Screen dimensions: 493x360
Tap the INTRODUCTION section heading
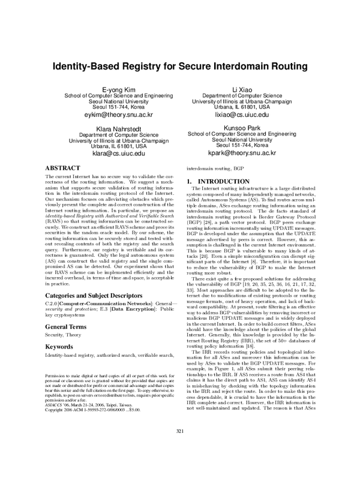(x=225, y=181)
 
